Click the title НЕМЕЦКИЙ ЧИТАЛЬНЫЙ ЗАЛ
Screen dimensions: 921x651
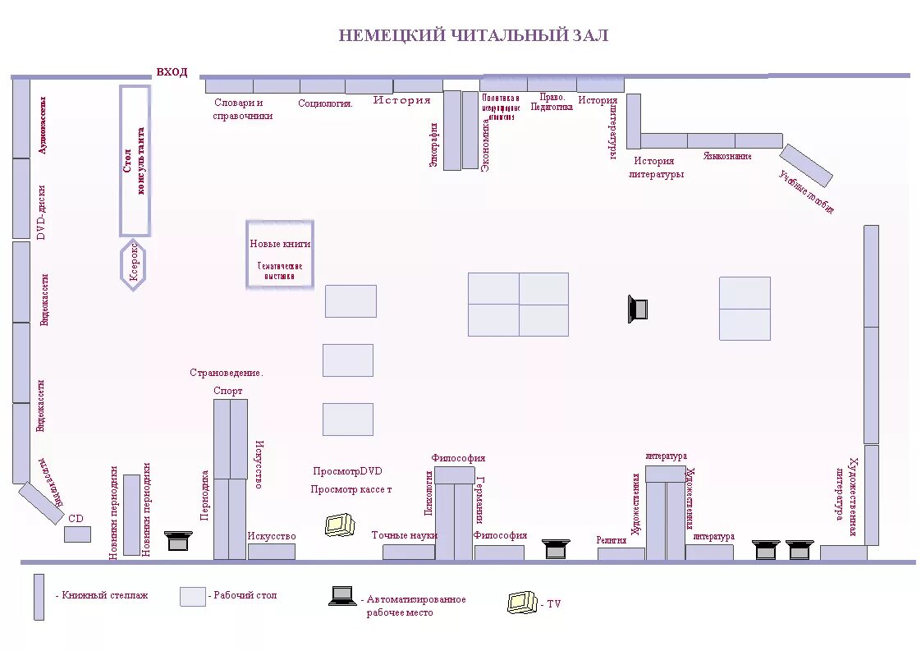[474, 36]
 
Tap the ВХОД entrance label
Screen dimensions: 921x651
[172, 72]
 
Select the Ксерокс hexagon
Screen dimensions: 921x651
[134, 264]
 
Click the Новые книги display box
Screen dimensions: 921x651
[280, 254]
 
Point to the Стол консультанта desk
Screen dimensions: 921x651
[135, 161]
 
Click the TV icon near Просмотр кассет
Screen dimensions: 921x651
[339, 525]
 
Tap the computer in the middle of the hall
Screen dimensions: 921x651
[638, 308]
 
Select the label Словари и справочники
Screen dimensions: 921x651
[242, 109]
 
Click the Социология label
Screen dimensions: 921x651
[325, 103]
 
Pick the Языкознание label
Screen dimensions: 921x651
[726, 155]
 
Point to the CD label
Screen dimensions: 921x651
[76, 519]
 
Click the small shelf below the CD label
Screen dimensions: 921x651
[77, 534]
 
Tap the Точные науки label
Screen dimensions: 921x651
[404, 535]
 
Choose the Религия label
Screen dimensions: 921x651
[612, 540]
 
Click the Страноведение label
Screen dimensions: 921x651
[227, 373]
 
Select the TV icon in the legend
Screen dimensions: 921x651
[522, 603]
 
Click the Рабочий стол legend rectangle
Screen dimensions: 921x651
[192, 596]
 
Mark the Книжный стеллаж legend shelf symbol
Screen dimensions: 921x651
[39, 597]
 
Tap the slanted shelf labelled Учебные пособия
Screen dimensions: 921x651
[805, 165]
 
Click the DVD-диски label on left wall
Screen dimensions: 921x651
[42, 212]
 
